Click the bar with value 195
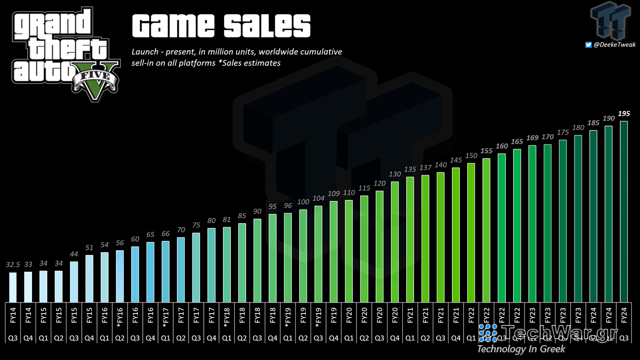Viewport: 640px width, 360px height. point(624,212)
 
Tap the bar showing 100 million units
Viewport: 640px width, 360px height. point(303,256)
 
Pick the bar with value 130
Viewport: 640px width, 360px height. point(394,242)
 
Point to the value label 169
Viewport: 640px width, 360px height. point(532,138)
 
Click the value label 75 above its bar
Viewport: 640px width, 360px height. point(196,226)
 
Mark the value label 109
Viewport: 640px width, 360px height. point(333,194)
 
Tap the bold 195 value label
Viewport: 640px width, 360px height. point(624,114)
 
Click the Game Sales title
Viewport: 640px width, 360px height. point(221,26)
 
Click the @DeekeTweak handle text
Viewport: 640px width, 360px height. point(614,45)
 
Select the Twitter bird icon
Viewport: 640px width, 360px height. point(588,45)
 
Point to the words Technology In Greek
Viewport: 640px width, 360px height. point(521,349)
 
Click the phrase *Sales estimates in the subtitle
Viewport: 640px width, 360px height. point(250,63)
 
